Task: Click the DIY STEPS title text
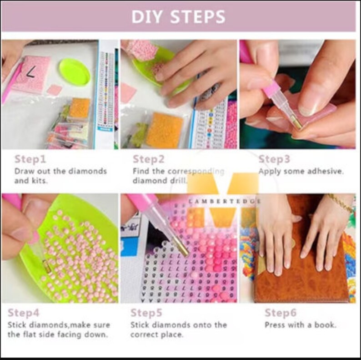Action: (x=178, y=17)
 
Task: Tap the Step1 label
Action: (x=30, y=159)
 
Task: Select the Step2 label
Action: (x=149, y=159)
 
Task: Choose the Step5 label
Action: (x=147, y=313)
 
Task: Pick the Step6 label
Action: (x=281, y=313)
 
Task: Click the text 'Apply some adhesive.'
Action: (x=301, y=172)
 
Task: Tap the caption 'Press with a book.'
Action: (x=300, y=325)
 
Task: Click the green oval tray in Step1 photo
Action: (x=74, y=72)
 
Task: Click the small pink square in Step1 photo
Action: (x=54, y=90)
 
